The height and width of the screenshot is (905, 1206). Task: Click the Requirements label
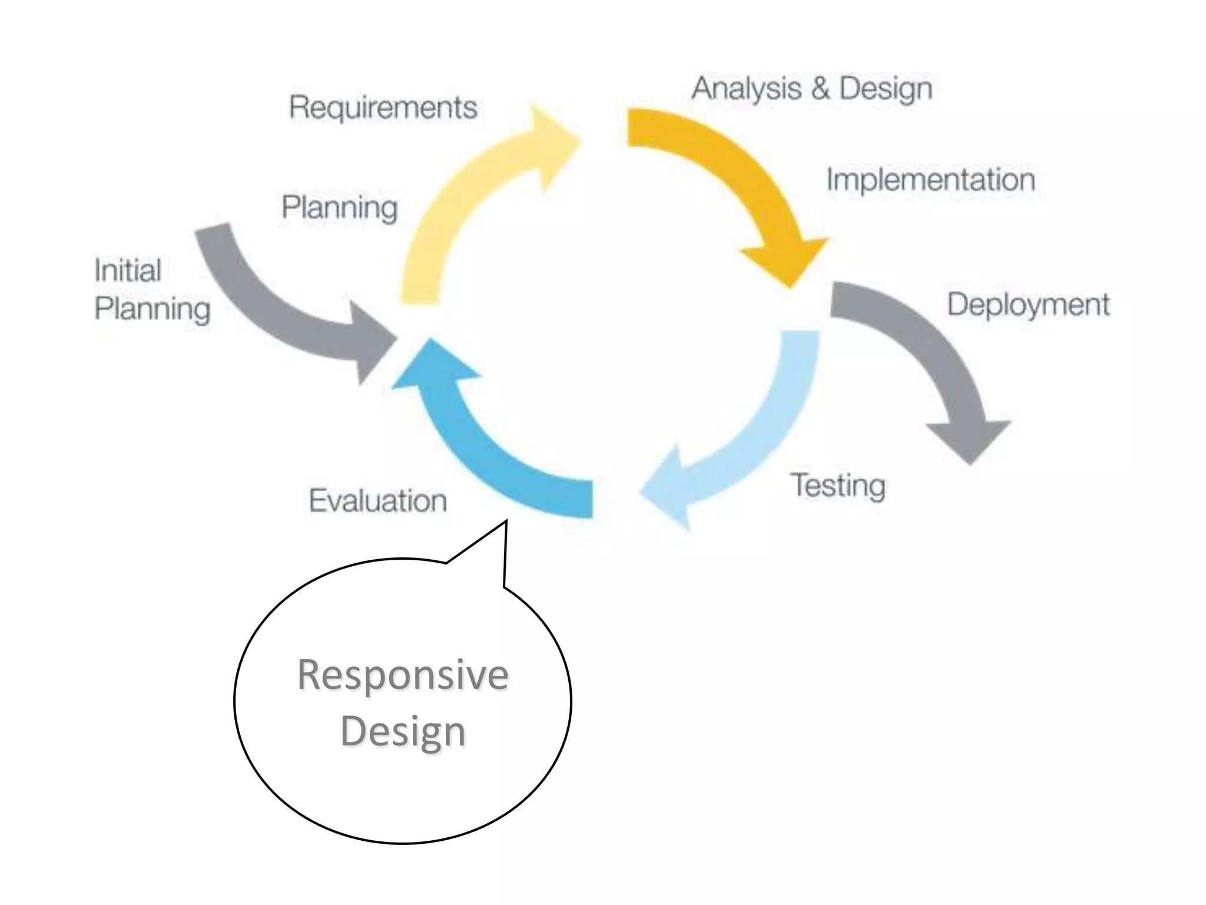[383, 108]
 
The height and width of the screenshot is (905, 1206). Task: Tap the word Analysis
[746, 90]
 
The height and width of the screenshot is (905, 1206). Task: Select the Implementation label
[930, 180]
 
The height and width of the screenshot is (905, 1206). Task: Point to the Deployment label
[1028, 305]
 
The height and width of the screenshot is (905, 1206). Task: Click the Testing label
[837, 486]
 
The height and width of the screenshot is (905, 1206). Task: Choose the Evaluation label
[378, 501]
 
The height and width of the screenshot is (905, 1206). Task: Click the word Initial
[128, 271]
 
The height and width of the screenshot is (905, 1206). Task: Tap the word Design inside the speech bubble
[403, 731]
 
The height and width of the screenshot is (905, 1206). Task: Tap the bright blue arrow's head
[433, 362]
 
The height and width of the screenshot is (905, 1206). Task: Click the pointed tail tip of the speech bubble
[506, 522]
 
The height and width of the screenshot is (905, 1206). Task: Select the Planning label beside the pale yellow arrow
[340, 208]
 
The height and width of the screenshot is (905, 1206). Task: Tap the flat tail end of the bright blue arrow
[591, 499]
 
